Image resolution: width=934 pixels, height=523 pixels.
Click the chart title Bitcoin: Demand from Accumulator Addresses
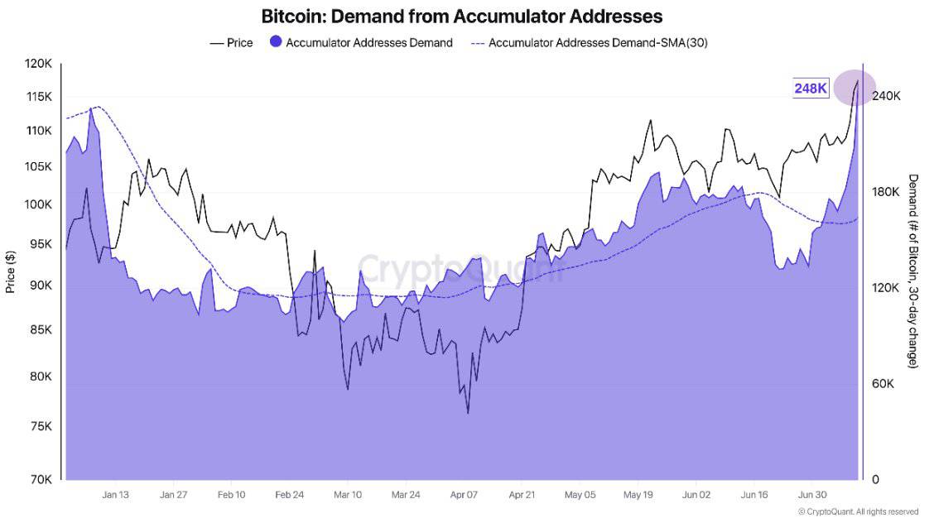[461, 16]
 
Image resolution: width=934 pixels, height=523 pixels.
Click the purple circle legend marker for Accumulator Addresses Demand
[275, 42]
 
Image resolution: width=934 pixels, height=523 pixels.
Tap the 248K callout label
[811, 89]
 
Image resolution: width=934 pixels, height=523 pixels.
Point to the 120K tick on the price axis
[39, 64]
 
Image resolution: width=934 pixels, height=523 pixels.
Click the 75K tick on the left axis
[41, 427]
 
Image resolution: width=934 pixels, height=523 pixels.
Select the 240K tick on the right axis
[886, 96]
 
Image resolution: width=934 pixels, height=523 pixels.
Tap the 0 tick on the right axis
[876, 480]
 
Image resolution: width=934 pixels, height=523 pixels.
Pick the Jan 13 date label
[115, 495]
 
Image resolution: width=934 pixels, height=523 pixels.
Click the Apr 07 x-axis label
[465, 495]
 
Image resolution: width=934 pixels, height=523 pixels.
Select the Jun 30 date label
[812, 495]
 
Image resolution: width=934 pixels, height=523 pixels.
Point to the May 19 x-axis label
[638, 495]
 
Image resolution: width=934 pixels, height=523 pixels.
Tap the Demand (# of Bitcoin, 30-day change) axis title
[913, 271]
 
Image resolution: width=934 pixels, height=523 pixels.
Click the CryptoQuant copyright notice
[858, 512]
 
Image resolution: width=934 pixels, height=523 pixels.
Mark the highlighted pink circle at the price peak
[855, 88]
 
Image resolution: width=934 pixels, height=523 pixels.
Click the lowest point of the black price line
[468, 412]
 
